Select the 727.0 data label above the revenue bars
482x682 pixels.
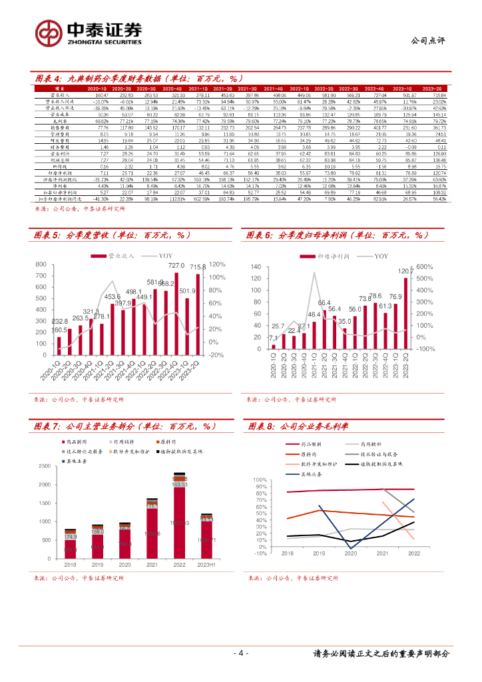[x=176, y=266]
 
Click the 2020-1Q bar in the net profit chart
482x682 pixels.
[x=273, y=346]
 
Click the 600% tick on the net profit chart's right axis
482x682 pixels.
[x=443, y=266]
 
